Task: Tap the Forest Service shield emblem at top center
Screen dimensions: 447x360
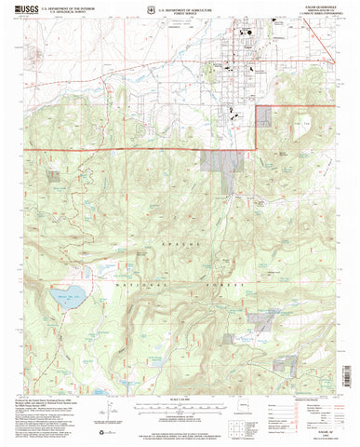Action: coord(137,11)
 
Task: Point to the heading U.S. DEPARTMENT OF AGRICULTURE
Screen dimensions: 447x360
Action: coord(180,8)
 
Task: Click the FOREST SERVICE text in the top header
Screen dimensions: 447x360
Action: coord(180,13)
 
